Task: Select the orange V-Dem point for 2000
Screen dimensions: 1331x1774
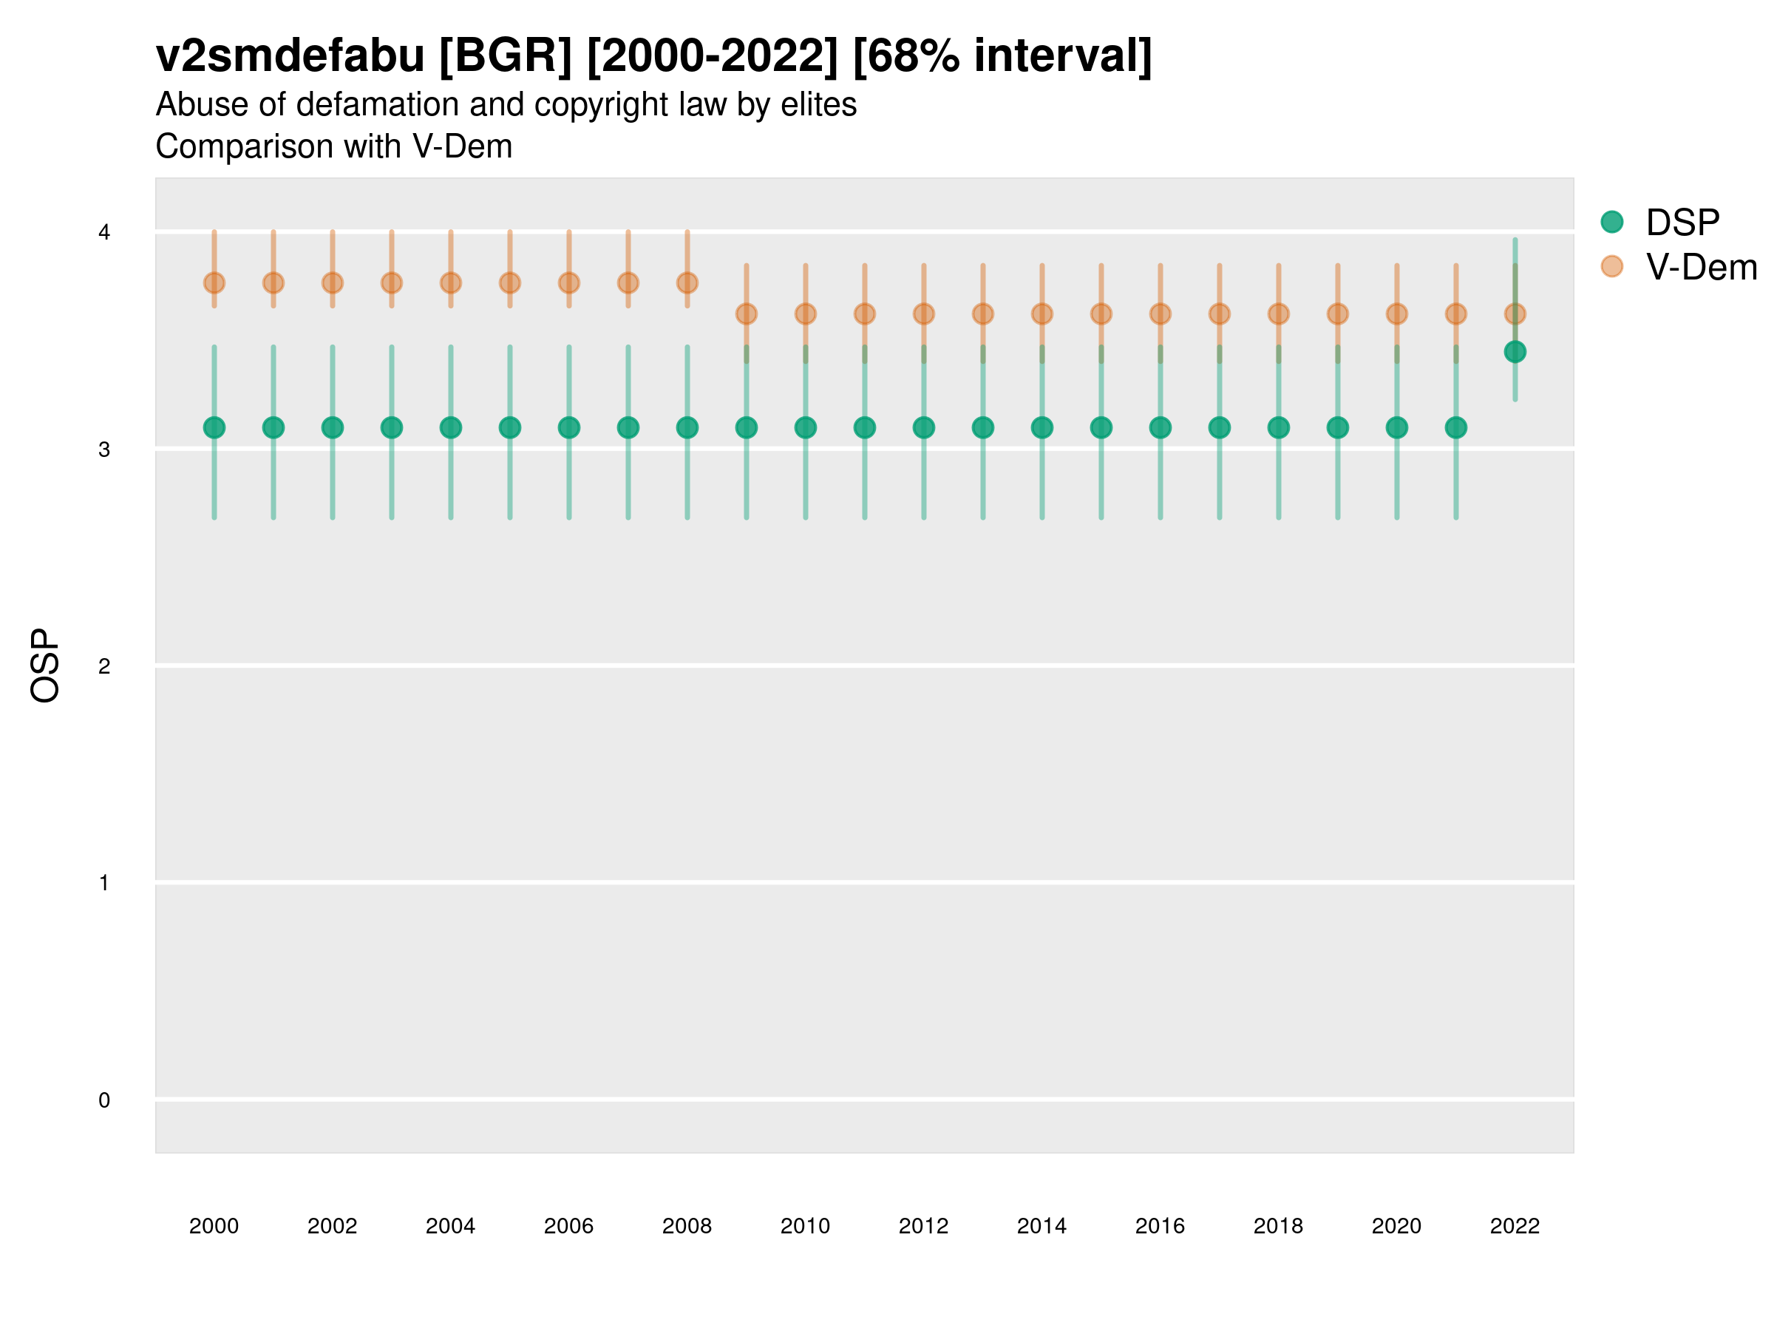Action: click(x=214, y=283)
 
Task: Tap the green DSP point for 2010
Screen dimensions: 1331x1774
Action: click(x=805, y=427)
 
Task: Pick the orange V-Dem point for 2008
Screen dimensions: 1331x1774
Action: click(x=687, y=283)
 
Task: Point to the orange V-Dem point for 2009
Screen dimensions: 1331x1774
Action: click(x=747, y=314)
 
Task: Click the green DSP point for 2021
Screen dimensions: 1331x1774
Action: click(x=1455, y=427)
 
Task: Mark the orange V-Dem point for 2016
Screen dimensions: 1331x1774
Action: click(x=1160, y=314)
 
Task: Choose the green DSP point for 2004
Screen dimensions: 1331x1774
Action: click(x=451, y=427)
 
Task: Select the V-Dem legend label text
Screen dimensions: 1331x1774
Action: click(x=1701, y=267)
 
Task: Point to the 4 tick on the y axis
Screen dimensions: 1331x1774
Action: click(x=104, y=233)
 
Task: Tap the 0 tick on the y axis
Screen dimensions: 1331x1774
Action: click(x=104, y=1100)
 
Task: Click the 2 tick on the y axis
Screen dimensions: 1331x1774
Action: click(x=104, y=666)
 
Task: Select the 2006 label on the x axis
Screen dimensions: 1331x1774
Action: click(x=568, y=1226)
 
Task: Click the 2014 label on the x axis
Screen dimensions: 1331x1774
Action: click(x=1041, y=1226)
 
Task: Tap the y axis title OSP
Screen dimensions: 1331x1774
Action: click(x=46, y=666)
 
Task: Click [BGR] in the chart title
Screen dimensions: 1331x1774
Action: click(x=506, y=56)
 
